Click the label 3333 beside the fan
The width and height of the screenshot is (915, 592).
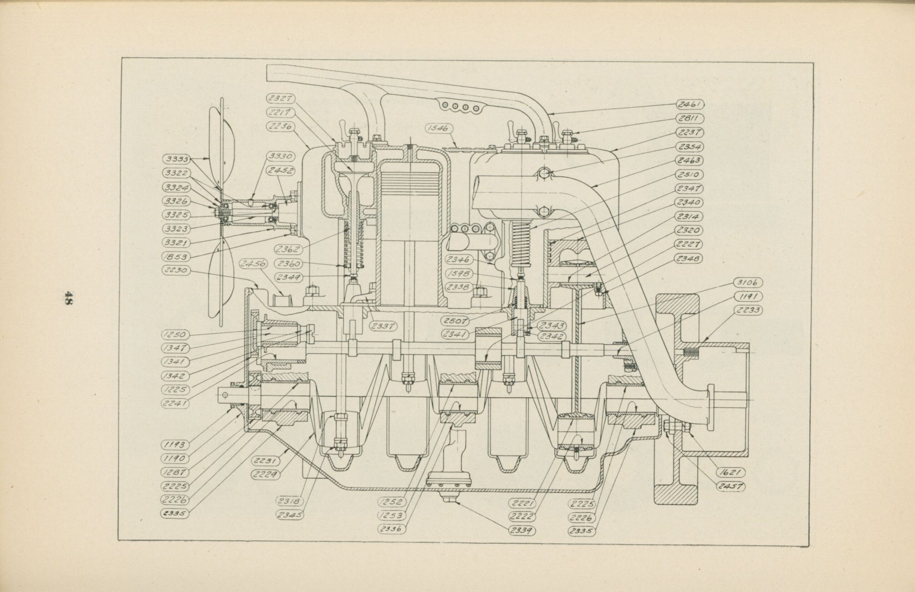176,159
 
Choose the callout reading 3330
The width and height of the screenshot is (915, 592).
281,156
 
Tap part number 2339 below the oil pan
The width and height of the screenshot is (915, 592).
523,530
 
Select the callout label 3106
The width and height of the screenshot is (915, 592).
747,283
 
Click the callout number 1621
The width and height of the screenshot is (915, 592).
730,473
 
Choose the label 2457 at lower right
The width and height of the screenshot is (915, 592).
731,486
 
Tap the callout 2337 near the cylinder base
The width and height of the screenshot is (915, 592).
383,326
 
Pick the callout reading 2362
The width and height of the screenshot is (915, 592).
288,249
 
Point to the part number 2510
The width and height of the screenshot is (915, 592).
689,174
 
